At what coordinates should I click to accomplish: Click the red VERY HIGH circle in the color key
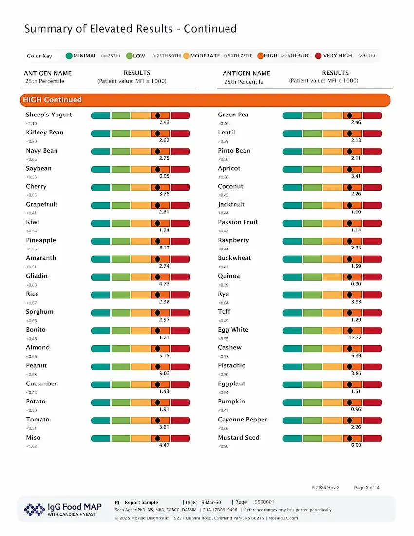(318, 56)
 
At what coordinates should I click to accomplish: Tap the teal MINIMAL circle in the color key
(69, 56)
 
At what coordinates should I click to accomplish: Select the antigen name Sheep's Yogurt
(49, 115)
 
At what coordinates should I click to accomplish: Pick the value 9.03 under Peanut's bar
(164, 373)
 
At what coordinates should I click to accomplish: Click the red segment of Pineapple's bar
(180, 241)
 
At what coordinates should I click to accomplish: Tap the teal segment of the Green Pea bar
(292, 116)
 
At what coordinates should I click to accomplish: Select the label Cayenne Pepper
(242, 420)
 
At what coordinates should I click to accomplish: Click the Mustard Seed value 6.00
(356, 445)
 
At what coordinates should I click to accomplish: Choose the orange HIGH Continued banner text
(52, 100)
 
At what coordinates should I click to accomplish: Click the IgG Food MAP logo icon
(34, 509)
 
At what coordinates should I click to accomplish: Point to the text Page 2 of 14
(367, 488)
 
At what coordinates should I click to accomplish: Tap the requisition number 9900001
(264, 502)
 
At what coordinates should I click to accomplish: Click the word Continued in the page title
(210, 29)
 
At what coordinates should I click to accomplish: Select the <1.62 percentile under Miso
(31, 446)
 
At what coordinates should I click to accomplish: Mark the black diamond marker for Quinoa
(349, 277)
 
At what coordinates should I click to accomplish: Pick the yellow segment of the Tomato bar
(140, 421)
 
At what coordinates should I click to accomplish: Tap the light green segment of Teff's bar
(312, 313)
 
